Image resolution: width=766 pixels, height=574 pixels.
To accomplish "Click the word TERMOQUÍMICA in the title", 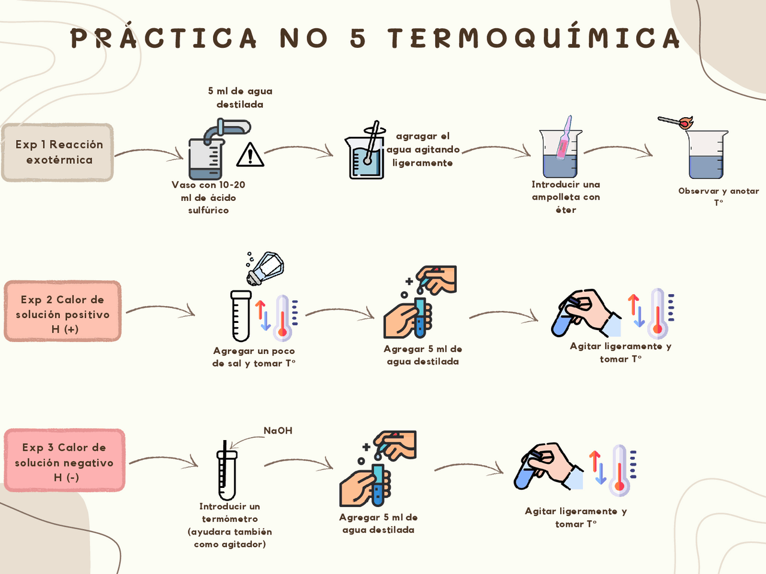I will pyautogui.click(x=534, y=38).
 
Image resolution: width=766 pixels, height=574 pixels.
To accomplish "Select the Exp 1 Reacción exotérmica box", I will pyautogui.click(x=58, y=152).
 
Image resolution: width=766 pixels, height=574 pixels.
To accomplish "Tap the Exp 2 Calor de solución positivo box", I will pyautogui.click(x=63, y=312).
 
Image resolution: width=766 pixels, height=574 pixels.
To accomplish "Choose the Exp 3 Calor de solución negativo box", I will pyautogui.click(x=65, y=461).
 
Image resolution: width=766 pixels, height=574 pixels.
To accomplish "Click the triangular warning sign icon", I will pyautogui.click(x=250, y=155).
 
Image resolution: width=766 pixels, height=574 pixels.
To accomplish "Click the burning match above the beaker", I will pyautogui.click(x=676, y=123).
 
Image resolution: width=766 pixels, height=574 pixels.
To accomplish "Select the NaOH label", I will pyautogui.click(x=278, y=430).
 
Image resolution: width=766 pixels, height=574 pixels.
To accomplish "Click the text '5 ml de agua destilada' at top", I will pyautogui.click(x=240, y=97).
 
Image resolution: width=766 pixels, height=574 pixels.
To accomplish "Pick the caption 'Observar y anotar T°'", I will pyautogui.click(x=718, y=196).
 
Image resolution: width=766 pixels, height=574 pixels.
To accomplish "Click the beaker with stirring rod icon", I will pyautogui.click(x=366, y=152).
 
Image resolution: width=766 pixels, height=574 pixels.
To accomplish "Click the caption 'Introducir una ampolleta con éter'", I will pyautogui.click(x=566, y=197).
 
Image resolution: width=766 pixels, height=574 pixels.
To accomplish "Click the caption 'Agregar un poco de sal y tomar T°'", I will pyautogui.click(x=254, y=357).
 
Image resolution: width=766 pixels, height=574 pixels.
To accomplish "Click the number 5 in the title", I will pyautogui.click(x=358, y=39).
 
